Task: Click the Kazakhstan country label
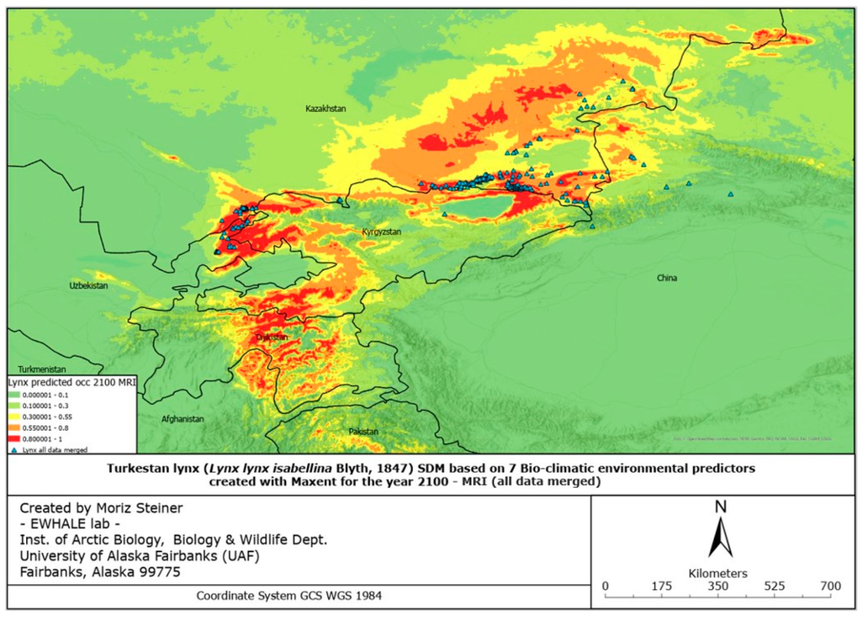326,109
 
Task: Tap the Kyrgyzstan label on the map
381,232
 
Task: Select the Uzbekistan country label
88,286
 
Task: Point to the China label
667,278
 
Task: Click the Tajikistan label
271,337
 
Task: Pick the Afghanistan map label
183,419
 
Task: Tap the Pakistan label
363,432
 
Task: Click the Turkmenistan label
42,369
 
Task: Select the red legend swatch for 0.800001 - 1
14,439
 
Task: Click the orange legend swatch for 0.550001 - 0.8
14,428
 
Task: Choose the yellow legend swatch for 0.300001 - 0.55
14,417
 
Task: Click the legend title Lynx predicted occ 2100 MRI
72,382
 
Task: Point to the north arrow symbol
720,538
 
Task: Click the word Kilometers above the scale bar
717,573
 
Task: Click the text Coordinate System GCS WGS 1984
288,596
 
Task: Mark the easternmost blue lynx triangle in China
731,195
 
